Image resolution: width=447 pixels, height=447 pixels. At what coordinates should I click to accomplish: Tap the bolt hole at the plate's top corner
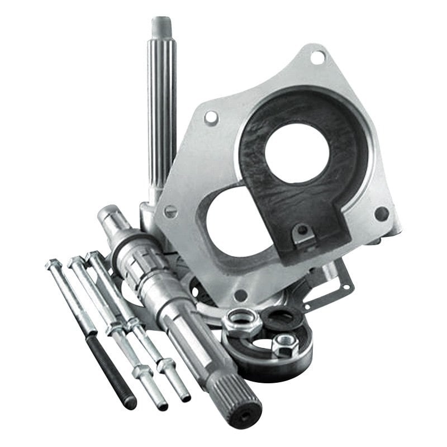316,56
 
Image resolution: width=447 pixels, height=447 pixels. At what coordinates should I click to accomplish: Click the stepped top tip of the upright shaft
161,25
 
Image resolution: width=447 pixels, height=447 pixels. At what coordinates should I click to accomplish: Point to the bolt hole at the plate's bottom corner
240,294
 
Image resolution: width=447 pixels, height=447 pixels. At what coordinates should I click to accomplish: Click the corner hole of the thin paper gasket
346,287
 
